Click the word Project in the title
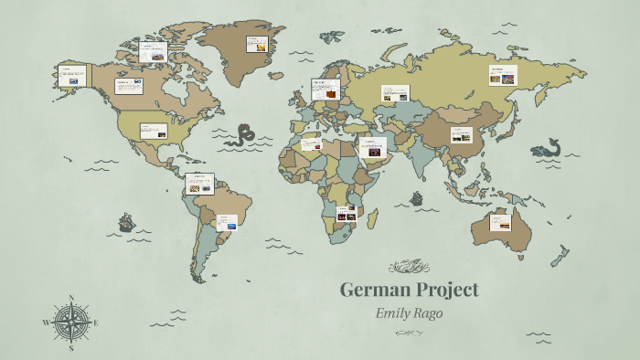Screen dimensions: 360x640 coord(444,291)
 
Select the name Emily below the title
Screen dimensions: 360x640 coord(395,312)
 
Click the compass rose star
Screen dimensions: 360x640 coord(70,322)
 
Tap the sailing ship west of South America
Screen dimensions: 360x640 coord(126,222)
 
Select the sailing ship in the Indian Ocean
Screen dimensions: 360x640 coord(417,197)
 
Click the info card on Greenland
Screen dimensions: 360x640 coord(257,43)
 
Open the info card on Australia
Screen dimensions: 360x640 coord(500,221)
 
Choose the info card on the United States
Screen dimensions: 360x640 coord(153,131)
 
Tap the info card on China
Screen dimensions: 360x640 coord(461,135)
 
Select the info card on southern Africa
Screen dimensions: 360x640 coord(346,214)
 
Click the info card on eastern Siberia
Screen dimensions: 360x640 coord(502,75)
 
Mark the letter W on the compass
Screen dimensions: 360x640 coord(46,323)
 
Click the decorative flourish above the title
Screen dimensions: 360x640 coord(409,267)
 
